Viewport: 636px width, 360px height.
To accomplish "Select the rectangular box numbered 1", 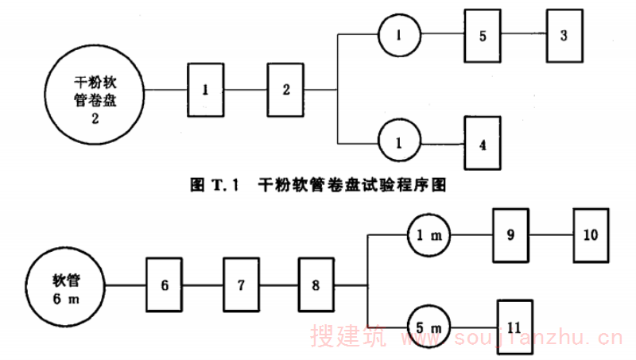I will [x=205, y=90].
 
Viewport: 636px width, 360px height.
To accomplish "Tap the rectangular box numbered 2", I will [x=286, y=90].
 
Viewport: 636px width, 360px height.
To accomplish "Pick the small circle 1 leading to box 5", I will [x=397, y=35].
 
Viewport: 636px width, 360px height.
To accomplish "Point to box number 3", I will [x=564, y=36].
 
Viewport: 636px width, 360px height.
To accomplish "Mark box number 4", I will [x=483, y=145].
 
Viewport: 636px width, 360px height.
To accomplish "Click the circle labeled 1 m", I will [x=429, y=236].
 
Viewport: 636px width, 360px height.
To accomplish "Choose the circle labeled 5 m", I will [x=429, y=327].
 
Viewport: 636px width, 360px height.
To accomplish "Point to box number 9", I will [x=511, y=236].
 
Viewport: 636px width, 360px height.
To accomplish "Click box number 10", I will [x=591, y=236].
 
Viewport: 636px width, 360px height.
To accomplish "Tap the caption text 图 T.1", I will [x=215, y=186].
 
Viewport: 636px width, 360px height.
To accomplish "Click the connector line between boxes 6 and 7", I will [x=203, y=286].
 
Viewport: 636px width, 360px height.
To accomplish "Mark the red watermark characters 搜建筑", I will [x=348, y=339].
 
